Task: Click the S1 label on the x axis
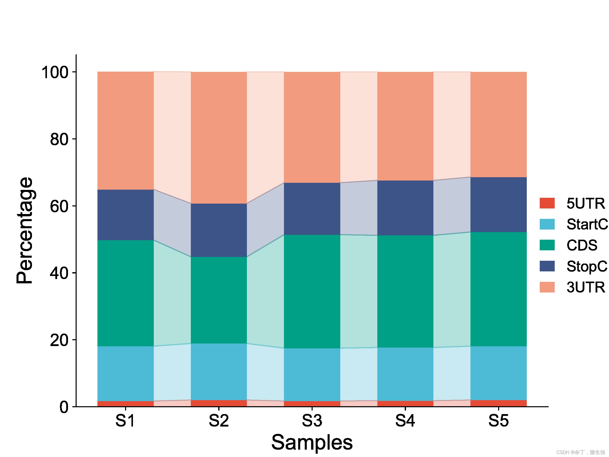tap(125, 421)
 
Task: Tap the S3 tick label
tap(312, 421)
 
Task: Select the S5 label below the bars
tap(499, 421)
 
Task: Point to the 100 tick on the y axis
tap(55, 72)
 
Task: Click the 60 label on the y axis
tap(59, 206)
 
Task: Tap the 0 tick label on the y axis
tap(64, 407)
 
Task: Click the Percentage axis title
tap(25, 230)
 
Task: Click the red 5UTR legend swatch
tap(547, 203)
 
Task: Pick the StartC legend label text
tap(587, 224)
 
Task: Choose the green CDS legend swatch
tap(547, 245)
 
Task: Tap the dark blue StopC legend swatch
tap(547, 266)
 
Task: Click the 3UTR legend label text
tap(586, 287)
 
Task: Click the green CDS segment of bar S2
tap(219, 300)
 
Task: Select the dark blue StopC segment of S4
tap(405, 208)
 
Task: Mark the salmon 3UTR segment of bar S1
tap(126, 130)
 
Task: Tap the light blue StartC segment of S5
tap(499, 373)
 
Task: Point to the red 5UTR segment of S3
tap(312, 404)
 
